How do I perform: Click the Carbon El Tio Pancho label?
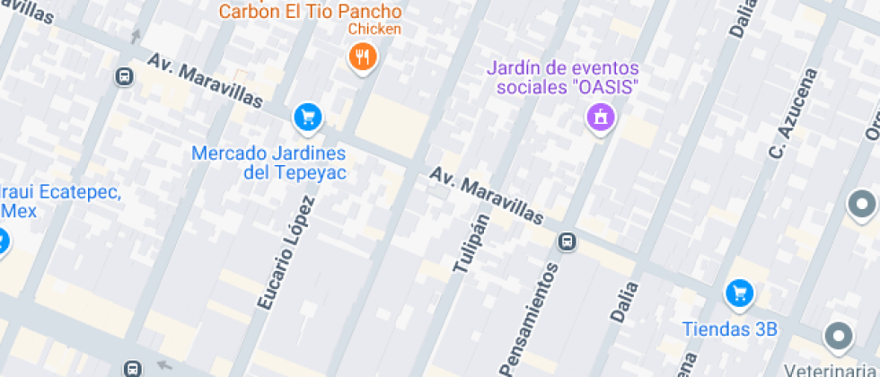pyautogui.click(x=310, y=12)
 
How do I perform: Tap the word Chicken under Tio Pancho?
pyautogui.click(x=375, y=29)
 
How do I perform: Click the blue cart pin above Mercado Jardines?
pyautogui.click(x=307, y=116)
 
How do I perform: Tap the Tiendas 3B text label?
pyautogui.click(x=728, y=329)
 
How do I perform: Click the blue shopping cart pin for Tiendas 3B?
pyautogui.click(x=739, y=292)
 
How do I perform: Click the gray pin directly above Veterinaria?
pyautogui.click(x=838, y=337)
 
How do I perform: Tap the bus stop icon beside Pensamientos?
pyautogui.click(x=567, y=241)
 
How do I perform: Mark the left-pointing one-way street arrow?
pyautogui.click(x=164, y=365)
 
